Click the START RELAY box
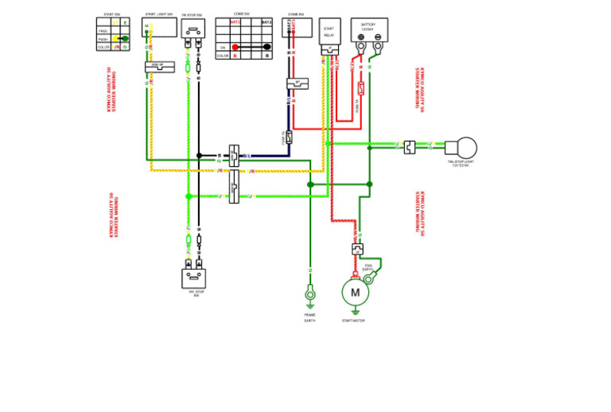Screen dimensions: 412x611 328,33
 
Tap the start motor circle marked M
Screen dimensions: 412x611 355,293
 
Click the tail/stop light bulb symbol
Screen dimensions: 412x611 461,147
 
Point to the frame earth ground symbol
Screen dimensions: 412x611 310,295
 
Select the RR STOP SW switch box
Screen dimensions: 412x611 194,278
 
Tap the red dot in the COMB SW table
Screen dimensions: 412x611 235,47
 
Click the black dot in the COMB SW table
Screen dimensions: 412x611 267,47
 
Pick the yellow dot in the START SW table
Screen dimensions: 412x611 116,38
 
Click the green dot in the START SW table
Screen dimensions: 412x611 125,38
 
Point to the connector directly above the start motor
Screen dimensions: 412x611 356,249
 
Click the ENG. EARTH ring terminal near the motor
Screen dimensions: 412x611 368,278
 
